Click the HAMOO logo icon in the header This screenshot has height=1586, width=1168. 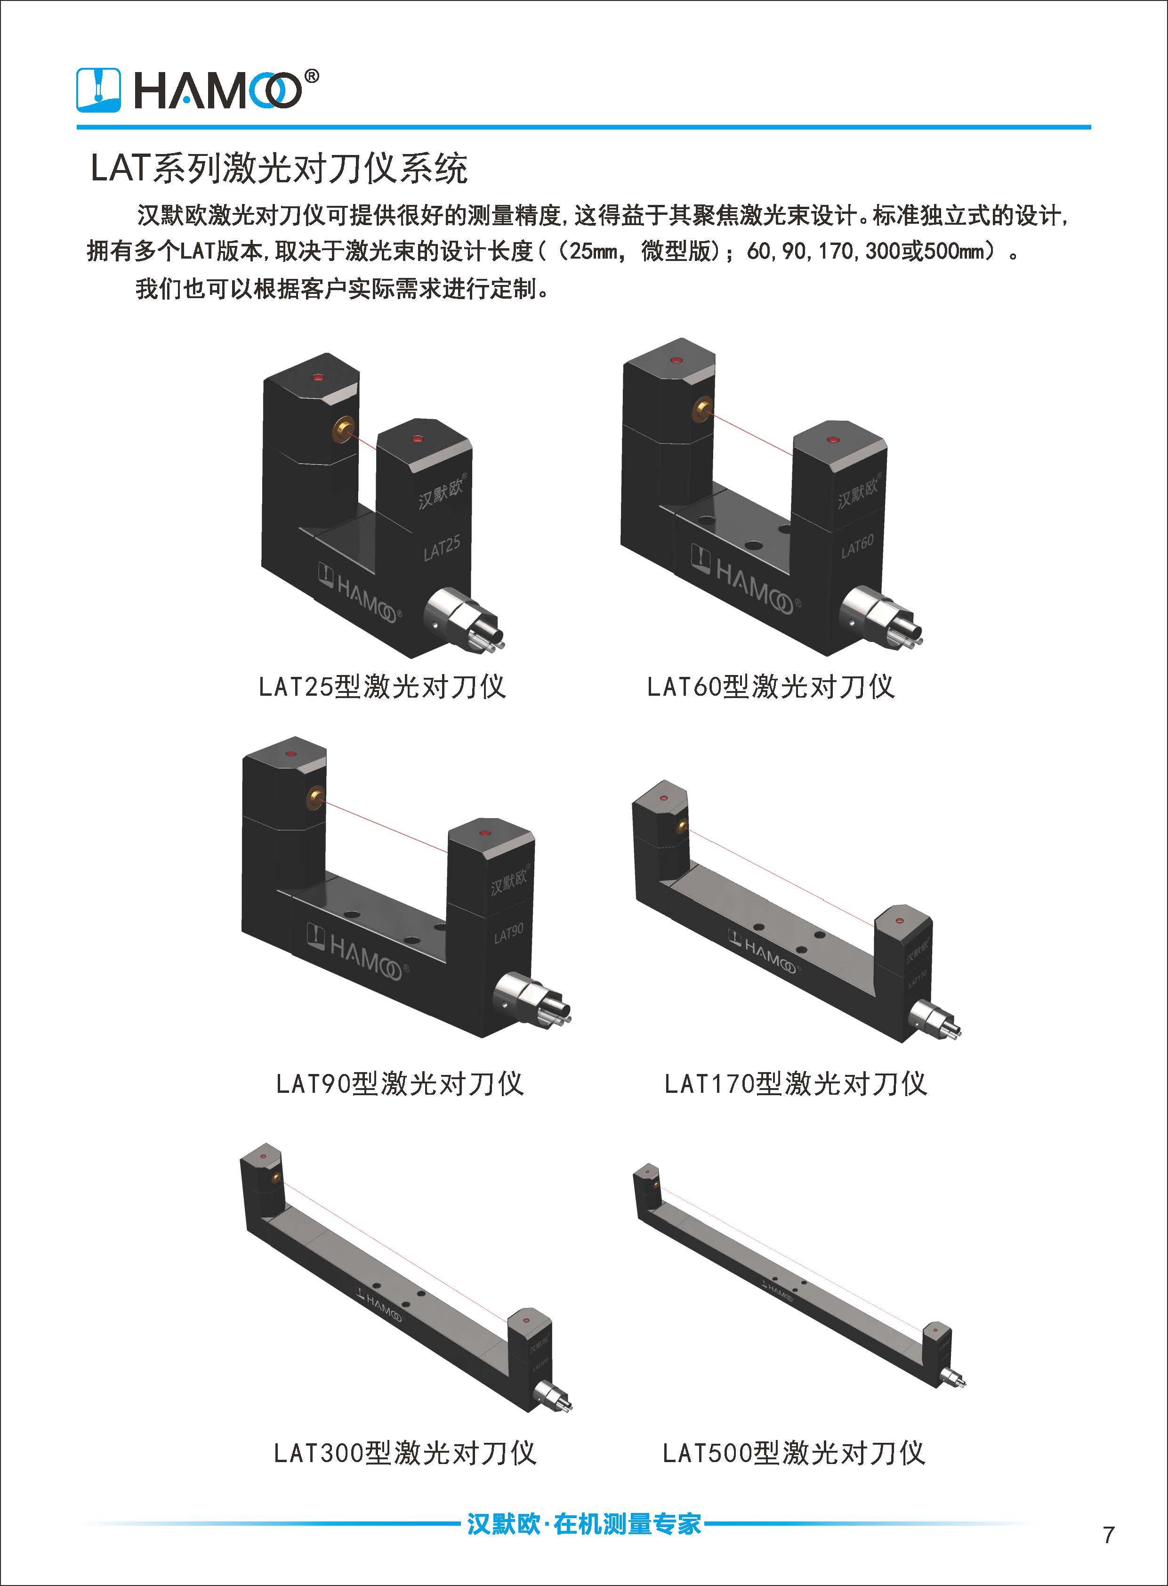point(99,90)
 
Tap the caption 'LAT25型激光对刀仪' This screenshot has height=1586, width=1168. point(382,687)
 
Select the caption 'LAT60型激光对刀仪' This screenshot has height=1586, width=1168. point(771,687)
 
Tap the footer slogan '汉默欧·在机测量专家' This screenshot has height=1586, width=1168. point(584,1523)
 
